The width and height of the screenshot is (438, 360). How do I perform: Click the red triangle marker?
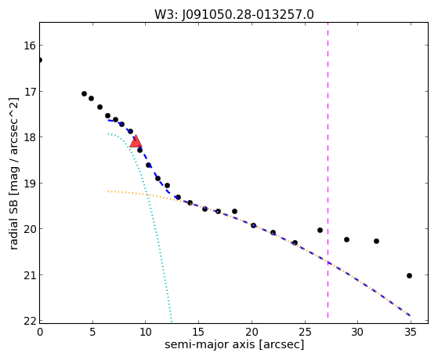pos(136,142)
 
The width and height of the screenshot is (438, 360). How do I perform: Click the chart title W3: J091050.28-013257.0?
pos(234,15)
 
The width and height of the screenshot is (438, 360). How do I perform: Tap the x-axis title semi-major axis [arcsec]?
pos(234,344)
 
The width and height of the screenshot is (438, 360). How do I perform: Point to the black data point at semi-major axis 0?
pos(40,60)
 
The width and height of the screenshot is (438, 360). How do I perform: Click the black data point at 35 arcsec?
pos(410,275)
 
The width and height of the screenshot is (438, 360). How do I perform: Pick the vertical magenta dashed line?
pos(328,170)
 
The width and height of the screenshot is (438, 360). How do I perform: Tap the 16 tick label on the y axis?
pos(30,45)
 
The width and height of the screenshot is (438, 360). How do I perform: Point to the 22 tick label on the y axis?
pos(30,321)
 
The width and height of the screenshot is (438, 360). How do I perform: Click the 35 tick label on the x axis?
pos(411,332)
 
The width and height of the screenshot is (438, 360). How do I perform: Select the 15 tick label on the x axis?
pos(198,332)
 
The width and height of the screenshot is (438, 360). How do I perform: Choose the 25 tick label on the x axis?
pos(305,332)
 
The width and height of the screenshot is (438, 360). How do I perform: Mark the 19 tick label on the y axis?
pos(30,184)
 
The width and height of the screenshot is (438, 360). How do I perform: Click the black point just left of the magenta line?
pos(320,231)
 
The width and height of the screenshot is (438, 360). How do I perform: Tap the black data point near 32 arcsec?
pos(377,241)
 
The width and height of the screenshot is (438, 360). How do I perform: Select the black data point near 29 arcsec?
pos(346,239)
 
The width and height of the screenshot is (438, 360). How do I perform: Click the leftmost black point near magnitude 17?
pos(84,93)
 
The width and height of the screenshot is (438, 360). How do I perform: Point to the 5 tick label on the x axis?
pos(92,332)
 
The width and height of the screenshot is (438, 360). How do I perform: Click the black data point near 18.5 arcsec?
pos(234,211)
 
